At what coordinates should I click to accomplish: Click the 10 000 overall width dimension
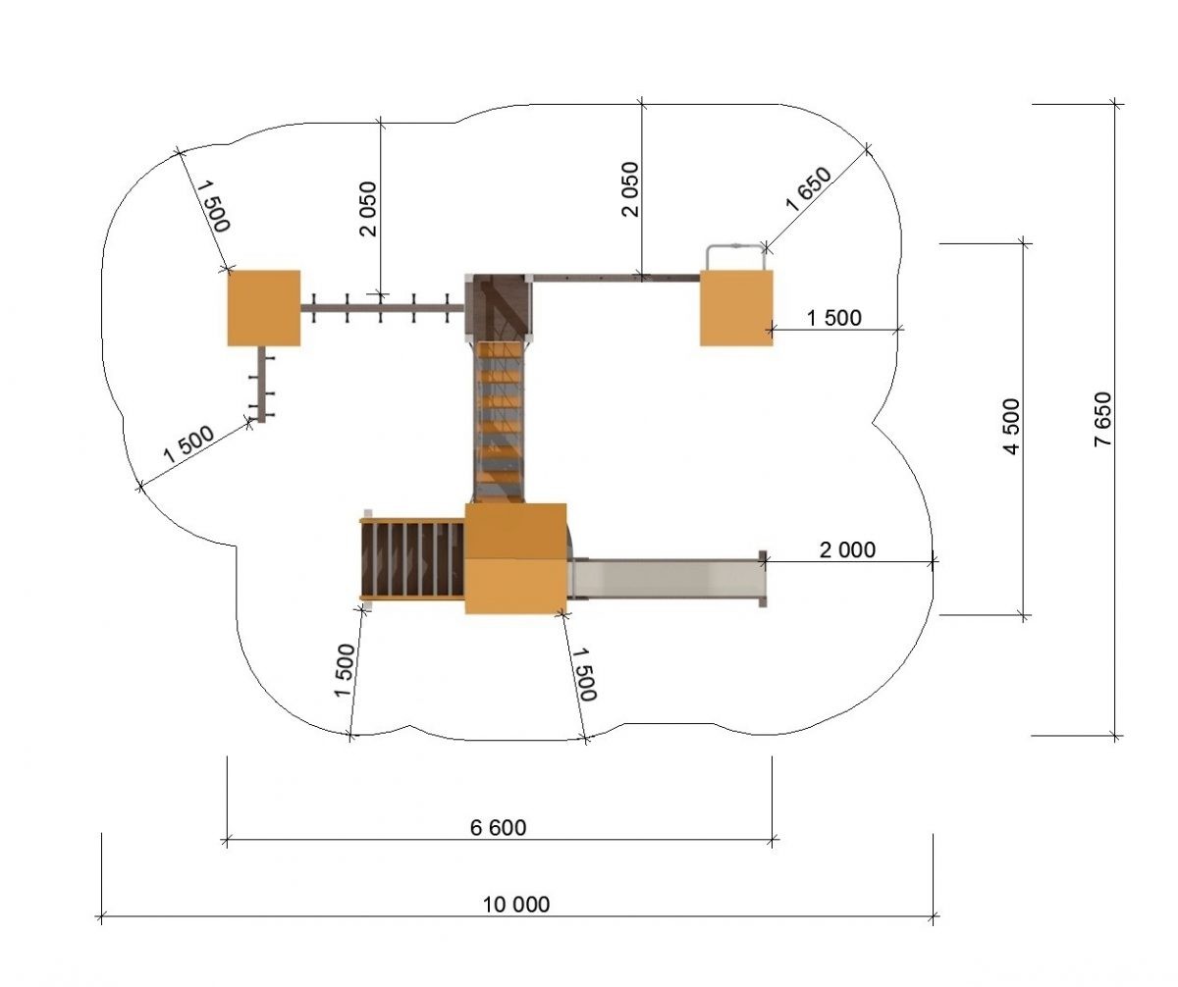[515, 904]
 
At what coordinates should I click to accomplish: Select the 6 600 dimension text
[498, 827]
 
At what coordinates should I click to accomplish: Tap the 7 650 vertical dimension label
[1103, 419]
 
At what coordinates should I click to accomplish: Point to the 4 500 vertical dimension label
[1012, 426]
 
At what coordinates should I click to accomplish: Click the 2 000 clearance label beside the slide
[847, 549]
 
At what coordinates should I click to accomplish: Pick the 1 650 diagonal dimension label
[809, 189]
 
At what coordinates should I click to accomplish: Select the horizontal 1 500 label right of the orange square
[833, 318]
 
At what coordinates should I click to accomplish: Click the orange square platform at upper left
[263, 308]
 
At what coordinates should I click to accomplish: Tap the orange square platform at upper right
[736, 308]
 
